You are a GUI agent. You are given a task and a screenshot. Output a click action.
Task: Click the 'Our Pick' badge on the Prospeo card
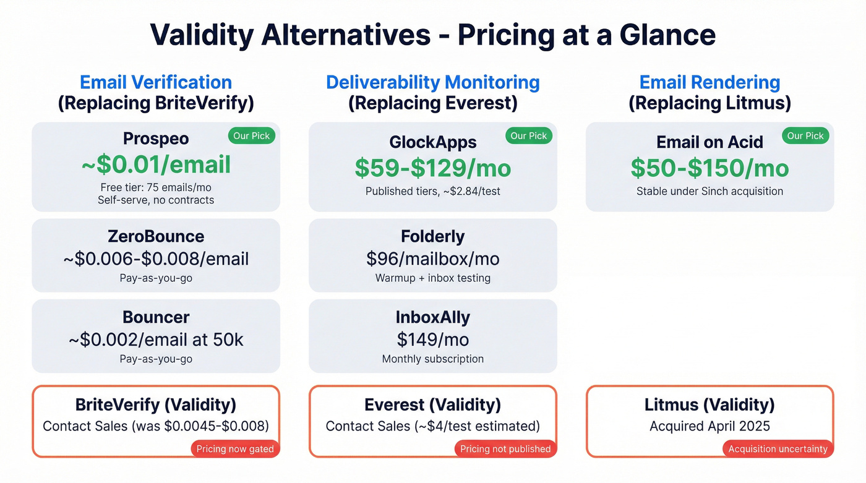(252, 136)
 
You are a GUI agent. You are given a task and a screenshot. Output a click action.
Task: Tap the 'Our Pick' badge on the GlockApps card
(529, 136)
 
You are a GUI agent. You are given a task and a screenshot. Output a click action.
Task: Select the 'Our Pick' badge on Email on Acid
(805, 136)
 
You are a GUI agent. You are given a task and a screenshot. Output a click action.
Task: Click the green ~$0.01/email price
(156, 165)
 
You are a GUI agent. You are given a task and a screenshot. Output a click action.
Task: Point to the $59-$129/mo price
(433, 168)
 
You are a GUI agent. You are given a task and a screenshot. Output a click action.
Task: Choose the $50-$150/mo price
(710, 168)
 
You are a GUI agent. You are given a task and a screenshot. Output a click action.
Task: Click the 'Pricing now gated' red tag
(235, 449)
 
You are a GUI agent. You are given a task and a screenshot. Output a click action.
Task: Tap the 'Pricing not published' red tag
(505, 449)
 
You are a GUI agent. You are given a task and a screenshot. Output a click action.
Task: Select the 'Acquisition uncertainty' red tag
(778, 449)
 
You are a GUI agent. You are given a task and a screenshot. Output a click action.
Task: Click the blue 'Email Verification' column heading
(156, 82)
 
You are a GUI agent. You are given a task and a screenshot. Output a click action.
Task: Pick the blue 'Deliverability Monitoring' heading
(433, 82)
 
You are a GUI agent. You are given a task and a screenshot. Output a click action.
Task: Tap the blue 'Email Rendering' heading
(710, 82)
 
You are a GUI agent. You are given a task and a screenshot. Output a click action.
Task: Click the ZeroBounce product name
(156, 236)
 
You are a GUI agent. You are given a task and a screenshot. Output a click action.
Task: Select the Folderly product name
(433, 236)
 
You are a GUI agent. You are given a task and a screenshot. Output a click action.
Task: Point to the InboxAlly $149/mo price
(433, 339)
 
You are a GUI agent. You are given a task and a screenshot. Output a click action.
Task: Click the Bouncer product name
(156, 317)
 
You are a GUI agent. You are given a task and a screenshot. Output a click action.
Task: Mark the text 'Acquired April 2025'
(710, 426)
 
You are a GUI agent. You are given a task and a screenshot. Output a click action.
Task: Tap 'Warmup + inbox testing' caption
(433, 278)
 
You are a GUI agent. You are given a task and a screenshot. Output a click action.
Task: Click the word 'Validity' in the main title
(201, 35)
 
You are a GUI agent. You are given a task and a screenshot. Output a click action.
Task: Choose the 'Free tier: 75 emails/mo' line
(156, 187)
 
